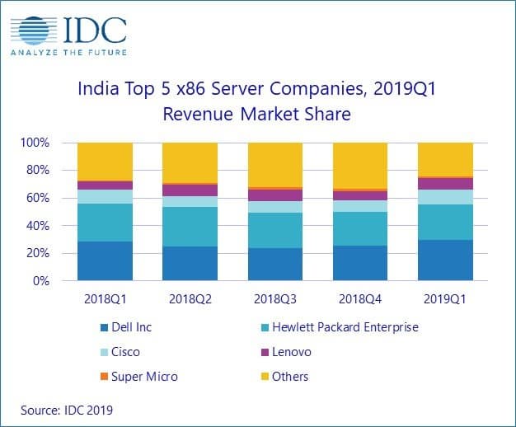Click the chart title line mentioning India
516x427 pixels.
coord(258,87)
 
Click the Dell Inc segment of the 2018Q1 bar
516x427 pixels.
coord(105,260)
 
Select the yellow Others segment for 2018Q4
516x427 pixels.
coord(360,165)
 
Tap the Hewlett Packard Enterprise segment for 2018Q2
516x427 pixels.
coord(190,227)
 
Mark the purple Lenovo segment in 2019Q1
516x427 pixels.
coord(445,184)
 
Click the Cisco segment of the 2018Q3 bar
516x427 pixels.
coord(275,207)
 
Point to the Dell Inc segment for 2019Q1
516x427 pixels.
coord(445,260)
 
